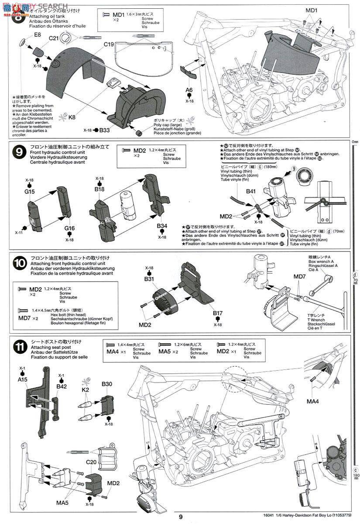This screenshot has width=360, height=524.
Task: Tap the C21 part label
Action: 54,38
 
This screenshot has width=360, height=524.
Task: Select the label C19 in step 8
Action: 109,44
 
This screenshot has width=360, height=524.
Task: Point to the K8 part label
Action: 72,117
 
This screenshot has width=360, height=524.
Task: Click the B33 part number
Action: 104,130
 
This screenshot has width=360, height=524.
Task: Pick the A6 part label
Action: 189,90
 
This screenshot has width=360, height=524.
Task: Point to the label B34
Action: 162,226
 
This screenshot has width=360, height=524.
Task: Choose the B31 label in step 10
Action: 149,279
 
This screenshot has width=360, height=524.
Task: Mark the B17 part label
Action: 218,313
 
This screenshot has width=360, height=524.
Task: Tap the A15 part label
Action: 23,379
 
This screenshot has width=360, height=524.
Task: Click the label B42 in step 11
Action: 62,386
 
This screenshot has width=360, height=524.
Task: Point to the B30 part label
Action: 107,384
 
